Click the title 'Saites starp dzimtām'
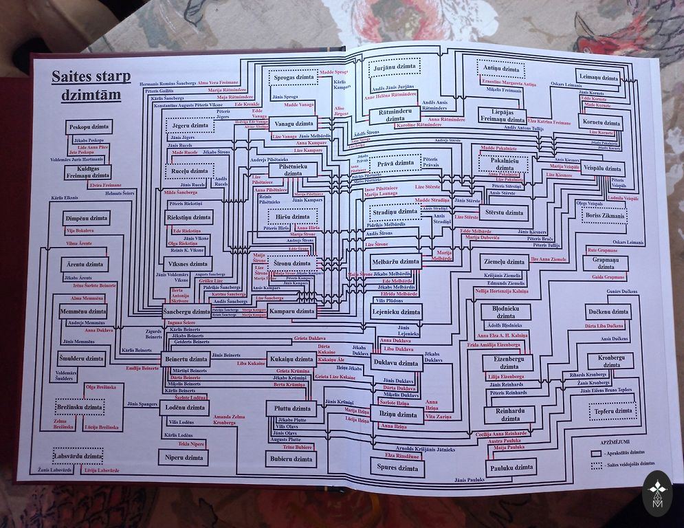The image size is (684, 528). coord(86,85)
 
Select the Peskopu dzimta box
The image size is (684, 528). coord(89,127)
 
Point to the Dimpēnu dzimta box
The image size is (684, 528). coord(87,218)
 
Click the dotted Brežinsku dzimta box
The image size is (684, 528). coord(79,407)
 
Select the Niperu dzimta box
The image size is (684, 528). coord(183,456)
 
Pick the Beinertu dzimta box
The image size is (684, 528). coord(186,359)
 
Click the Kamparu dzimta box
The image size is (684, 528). coord(291,311)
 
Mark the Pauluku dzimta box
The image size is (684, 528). coord(509,467)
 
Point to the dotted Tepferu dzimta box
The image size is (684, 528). coord(613,411)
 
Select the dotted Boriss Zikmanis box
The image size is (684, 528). coord(604,216)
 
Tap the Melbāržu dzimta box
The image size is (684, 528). coord(395,262)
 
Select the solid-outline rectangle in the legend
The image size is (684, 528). coord(596,454)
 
